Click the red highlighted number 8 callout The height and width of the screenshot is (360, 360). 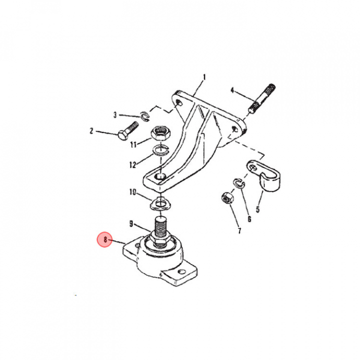click(104, 239)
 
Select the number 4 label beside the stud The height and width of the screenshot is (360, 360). click(232, 90)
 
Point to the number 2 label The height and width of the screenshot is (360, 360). click(91, 131)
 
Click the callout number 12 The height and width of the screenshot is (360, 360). click(133, 164)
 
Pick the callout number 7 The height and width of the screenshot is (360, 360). click(239, 230)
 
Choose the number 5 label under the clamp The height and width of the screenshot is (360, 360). click(257, 209)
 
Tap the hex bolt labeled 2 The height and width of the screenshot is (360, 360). click(127, 131)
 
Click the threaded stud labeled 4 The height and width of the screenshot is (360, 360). click(262, 98)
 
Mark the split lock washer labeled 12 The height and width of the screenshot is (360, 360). click(161, 150)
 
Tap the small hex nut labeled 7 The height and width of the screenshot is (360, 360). click(227, 198)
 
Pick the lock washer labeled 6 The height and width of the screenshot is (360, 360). click(239, 182)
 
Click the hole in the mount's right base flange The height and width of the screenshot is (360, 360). click(182, 272)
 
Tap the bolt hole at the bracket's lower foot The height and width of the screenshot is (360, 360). click(160, 177)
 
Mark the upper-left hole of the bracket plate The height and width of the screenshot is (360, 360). click(179, 102)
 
